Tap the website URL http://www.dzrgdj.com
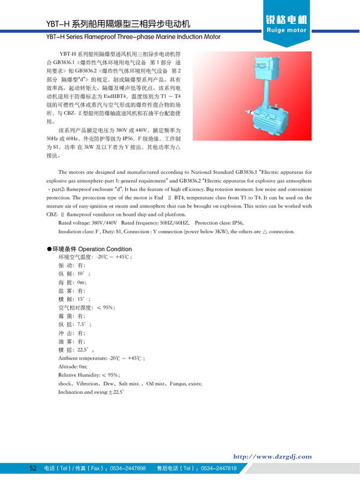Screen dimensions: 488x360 click(x=272, y=456)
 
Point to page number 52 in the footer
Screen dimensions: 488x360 click(x=34, y=468)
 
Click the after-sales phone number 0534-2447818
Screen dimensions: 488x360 click(x=218, y=468)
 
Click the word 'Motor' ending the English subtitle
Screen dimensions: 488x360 click(x=209, y=37)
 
